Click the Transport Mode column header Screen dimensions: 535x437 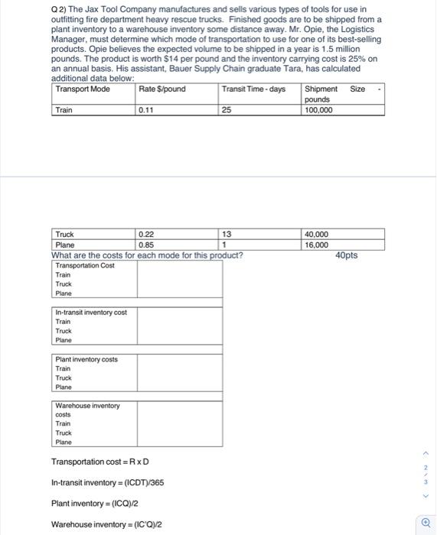[83, 89]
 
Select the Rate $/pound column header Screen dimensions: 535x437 [162, 89]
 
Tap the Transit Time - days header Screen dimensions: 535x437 [253, 89]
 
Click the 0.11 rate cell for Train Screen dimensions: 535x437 [146, 110]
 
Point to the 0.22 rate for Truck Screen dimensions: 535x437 [146, 235]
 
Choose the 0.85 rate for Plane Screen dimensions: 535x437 [146, 245]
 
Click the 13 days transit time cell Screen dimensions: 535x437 [227, 235]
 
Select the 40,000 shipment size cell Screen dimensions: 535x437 [316, 235]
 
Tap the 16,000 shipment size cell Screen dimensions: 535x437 [316, 245]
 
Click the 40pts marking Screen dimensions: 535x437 [347, 255]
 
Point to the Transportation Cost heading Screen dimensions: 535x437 [85, 265]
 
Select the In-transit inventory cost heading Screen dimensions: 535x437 [91, 312]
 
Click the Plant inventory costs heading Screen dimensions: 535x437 [86, 358]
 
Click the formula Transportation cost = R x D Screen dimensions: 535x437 [99, 462]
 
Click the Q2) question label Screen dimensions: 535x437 [59, 9]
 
